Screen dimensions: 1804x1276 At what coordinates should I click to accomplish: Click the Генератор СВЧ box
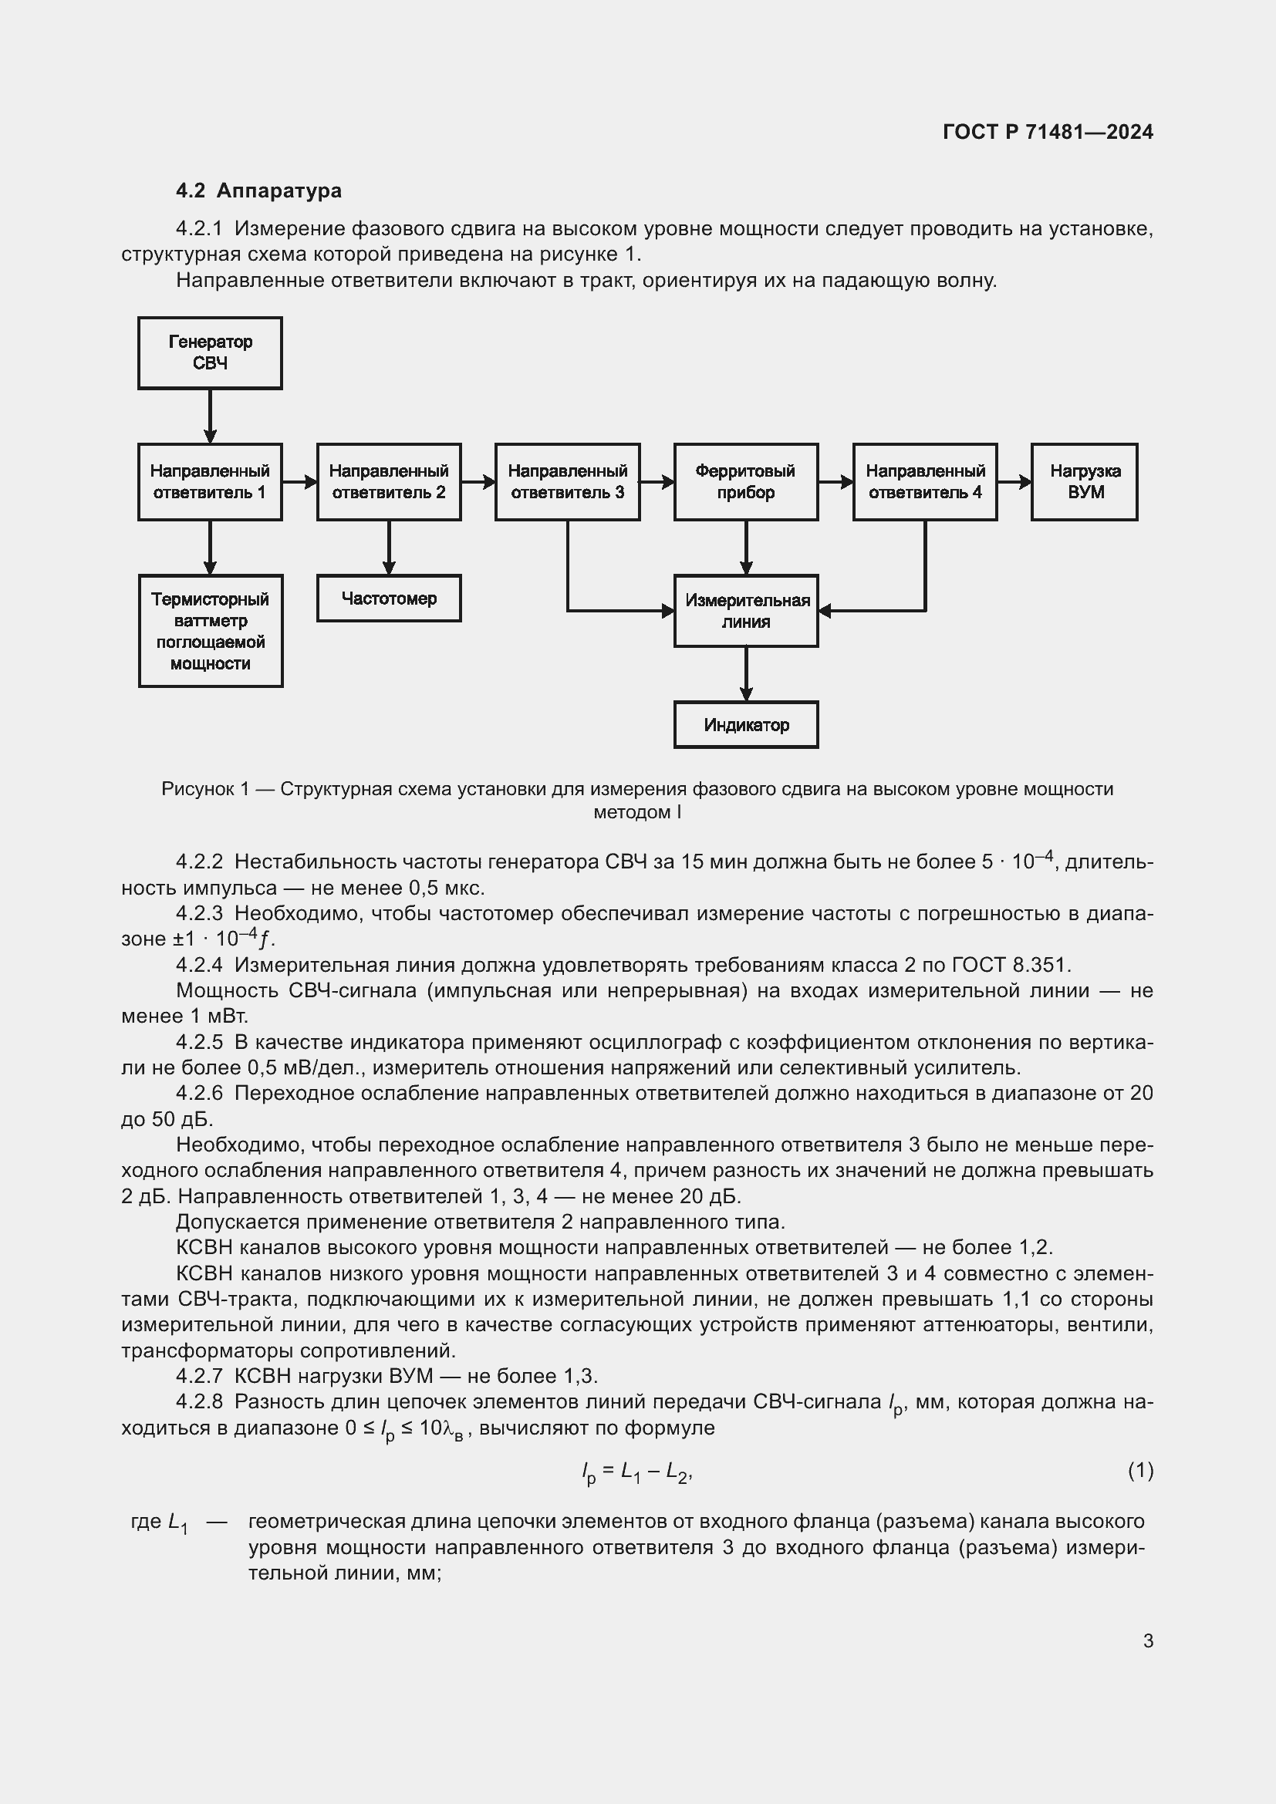[x=210, y=352]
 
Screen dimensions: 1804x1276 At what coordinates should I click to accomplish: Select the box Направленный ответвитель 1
[x=210, y=481]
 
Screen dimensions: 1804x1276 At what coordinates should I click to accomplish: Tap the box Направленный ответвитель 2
[x=389, y=481]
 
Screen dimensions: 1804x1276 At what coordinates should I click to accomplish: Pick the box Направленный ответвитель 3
[x=567, y=481]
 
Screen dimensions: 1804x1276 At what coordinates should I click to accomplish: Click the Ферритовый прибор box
[x=746, y=481]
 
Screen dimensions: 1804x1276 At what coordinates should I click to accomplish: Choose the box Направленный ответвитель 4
[x=925, y=481]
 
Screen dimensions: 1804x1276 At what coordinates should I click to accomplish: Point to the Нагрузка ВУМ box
[x=1084, y=481]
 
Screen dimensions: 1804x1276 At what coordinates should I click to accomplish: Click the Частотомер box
[x=389, y=598]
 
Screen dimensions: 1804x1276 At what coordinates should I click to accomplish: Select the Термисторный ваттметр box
[x=211, y=631]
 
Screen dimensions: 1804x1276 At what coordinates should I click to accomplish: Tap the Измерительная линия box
[x=746, y=612]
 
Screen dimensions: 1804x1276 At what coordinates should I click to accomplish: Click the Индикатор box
[x=746, y=724]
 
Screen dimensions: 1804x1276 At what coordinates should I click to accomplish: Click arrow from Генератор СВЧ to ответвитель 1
[x=210, y=416]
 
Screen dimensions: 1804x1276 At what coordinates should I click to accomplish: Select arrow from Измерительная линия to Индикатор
[x=746, y=674]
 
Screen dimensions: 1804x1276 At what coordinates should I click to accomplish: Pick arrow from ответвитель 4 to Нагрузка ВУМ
[x=1014, y=481]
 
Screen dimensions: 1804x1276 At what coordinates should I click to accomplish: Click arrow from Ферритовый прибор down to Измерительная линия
[x=746, y=548]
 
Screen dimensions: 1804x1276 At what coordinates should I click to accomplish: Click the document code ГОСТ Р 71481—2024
[x=1048, y=132]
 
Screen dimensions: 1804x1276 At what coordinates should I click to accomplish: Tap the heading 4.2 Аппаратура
[x=258, y=191]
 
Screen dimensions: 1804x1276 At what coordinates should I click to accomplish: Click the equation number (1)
[x=1140, y=1469]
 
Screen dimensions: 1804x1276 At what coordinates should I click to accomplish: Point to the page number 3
[x=1148, y=1640]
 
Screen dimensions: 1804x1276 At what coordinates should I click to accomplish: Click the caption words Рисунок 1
[x=205, y=789]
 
